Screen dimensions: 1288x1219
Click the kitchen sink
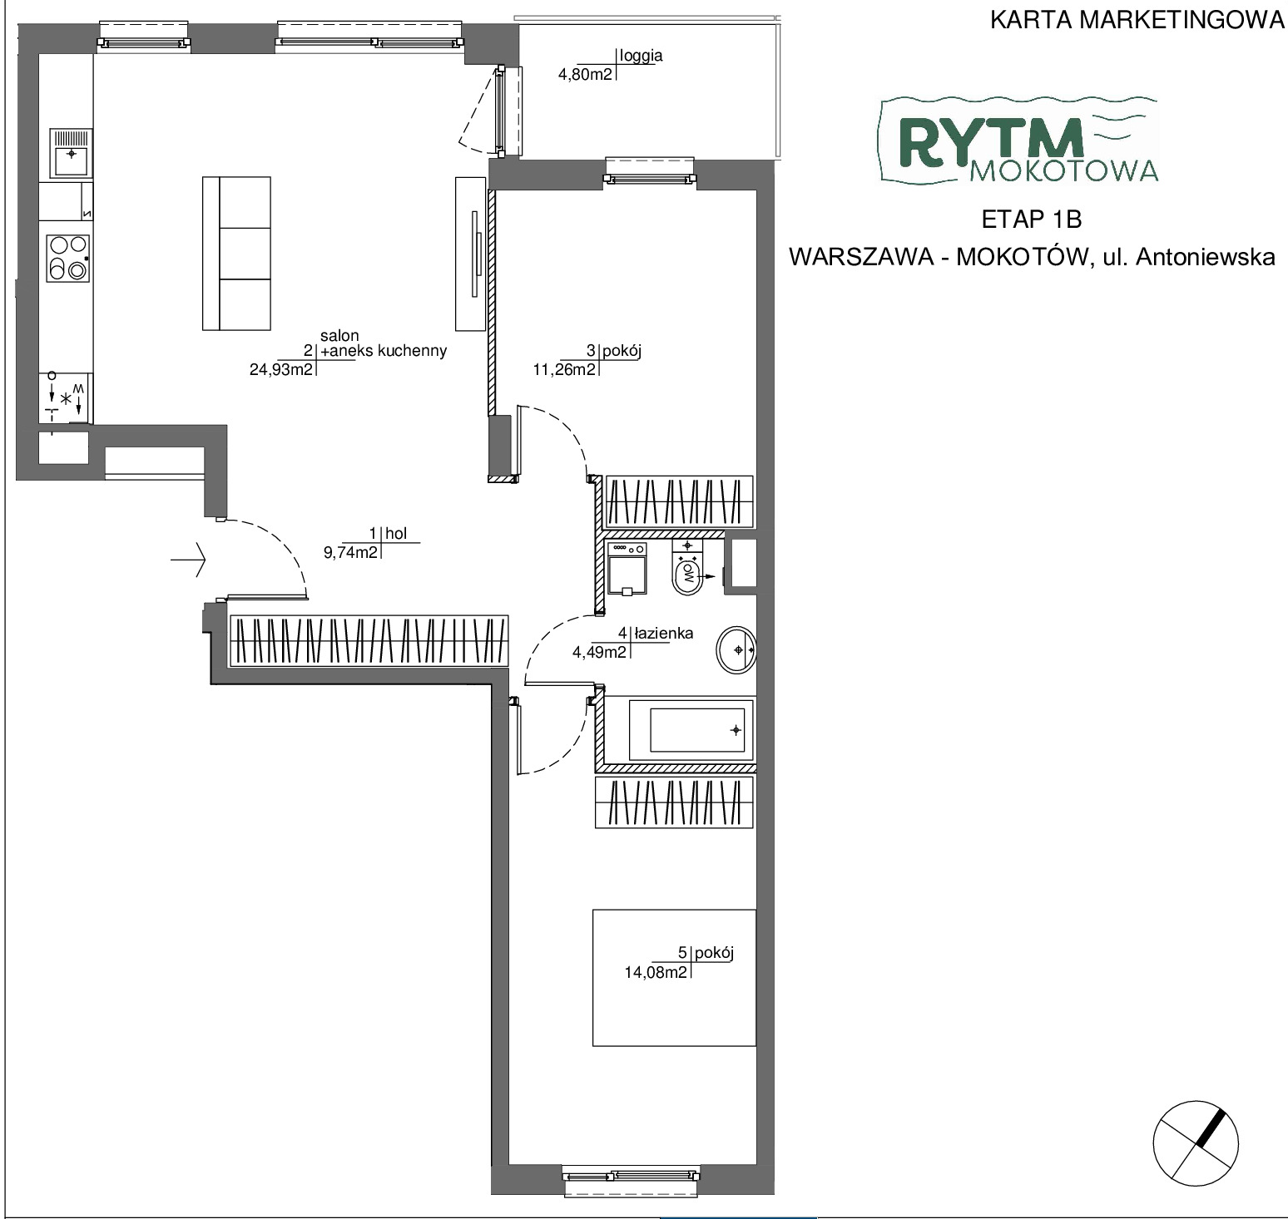point(71,153)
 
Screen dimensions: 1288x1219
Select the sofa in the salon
point(236,253)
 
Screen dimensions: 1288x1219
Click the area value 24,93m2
point(281,369)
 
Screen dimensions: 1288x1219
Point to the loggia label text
point(642,57)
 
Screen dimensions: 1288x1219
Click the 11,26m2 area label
point(564,369)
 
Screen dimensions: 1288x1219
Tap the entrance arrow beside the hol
point(188,560)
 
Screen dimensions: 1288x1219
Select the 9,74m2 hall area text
point(350,551)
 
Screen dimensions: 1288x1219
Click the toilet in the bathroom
point(687,568)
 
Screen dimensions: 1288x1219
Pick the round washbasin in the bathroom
point(736,649)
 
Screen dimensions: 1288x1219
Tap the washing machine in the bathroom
point(628,568)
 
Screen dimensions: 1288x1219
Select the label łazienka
point(663,634)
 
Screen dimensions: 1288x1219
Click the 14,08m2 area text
point(656,971)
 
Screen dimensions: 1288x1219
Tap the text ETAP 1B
point(1032,220)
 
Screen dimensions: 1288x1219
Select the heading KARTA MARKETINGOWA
point(1137,20)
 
